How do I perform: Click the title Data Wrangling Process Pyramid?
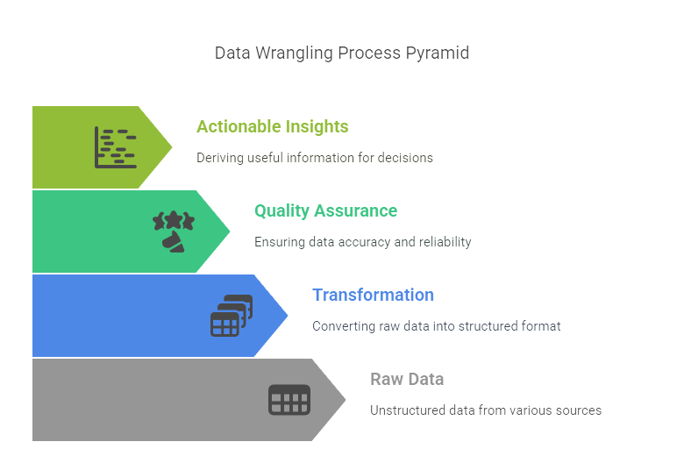coord(342,53)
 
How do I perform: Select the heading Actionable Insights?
coord(272,126)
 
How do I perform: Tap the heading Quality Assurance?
coord(325,210)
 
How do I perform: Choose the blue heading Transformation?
coord(373,295)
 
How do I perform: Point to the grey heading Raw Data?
coord(407,379)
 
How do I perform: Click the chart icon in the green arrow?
coord(115,147)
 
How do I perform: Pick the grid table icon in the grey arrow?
coord(289,400)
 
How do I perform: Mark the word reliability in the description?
coord(444,242)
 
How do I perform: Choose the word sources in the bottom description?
coord(579,410)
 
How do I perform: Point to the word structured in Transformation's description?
coord(488,326)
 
